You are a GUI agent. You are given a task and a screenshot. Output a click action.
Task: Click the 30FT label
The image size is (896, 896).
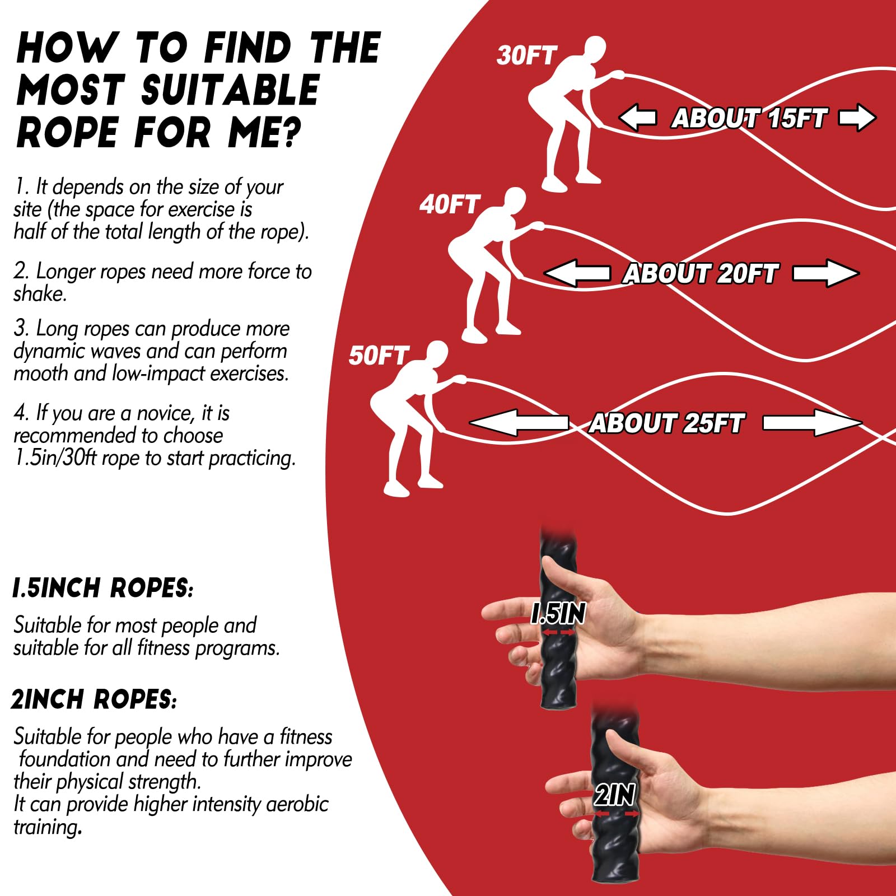tap(526, 55)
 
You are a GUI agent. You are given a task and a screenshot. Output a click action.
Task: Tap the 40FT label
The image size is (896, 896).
tap(449, 204)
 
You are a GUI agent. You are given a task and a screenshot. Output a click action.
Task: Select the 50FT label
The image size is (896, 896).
tap(379, 356)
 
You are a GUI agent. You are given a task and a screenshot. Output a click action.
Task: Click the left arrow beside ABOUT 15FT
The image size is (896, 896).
tap(637, 118)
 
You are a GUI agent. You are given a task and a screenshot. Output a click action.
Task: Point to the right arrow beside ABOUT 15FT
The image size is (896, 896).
tap(857, 118)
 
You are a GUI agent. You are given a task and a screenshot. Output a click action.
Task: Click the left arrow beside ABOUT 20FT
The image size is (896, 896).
tap(577, 273)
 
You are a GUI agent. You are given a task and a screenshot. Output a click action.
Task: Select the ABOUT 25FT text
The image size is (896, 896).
tap(666, 423)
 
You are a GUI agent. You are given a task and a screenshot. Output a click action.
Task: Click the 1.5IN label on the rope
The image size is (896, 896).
tap(558, 614)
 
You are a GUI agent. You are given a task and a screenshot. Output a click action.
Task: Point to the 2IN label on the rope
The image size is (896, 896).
tap(614, 795)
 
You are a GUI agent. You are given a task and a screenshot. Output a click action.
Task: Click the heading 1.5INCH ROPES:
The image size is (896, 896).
tap(103, 588)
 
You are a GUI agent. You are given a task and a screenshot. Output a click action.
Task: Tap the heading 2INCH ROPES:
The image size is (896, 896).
tap(94, 699)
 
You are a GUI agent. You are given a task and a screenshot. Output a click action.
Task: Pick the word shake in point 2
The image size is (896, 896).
tap(40, 293)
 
